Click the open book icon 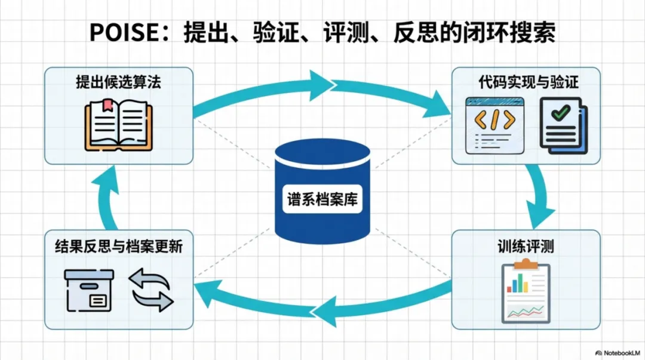[x=118, y=124]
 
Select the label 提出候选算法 [x=118, y=82]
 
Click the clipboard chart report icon [x=525, y=291]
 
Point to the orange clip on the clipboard [x=525, y=264]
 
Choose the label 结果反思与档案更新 [x=118, y=246]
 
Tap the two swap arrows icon [x=151, y=290]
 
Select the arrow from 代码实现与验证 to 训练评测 [x=540, y=191]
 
